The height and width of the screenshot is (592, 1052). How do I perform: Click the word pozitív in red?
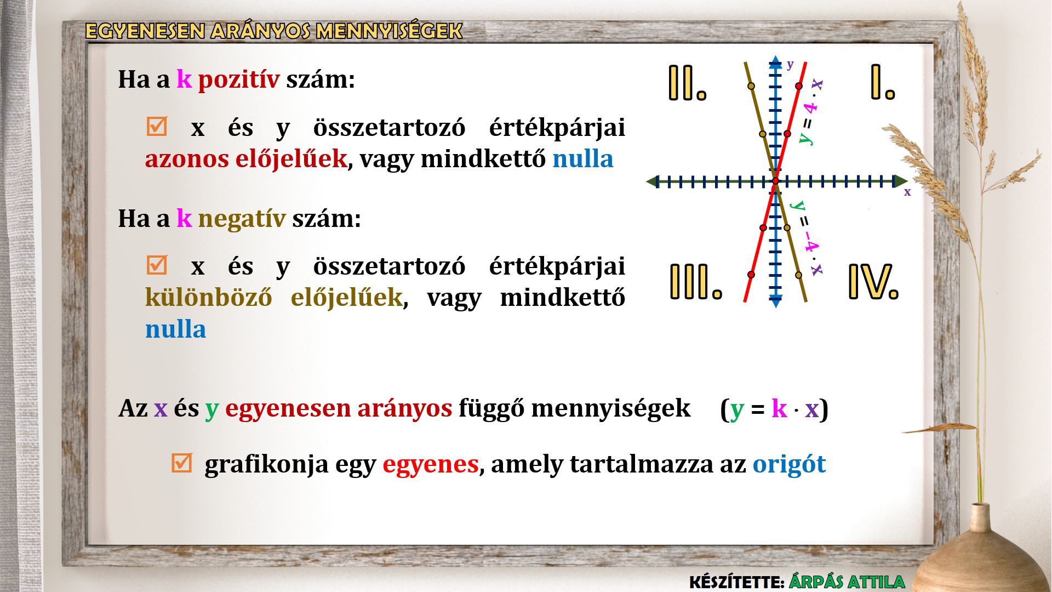[x=238, y=80]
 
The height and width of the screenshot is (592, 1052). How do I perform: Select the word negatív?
[x=242, y=219]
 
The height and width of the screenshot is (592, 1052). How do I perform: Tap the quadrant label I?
[x=883, y=82]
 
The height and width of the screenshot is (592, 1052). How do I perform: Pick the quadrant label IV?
[x=873, y=282]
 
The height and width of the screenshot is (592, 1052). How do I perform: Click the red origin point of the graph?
[x=775, y=181]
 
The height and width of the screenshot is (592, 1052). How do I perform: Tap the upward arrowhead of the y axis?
[x=775, y=61]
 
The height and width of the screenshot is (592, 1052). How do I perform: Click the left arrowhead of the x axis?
[x=652, y=181]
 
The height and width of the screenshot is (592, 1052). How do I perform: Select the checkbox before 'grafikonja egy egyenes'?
[x=181, y=463]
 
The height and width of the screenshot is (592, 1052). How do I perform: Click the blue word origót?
[x=789, y=464]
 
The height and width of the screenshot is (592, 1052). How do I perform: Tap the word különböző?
[x=208, y=298]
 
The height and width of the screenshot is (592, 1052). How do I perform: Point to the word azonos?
[x=187, y=159]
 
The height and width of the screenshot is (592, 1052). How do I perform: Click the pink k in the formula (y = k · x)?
[x=779, y=408]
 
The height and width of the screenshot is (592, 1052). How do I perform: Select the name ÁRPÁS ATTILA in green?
[x=847, y=582]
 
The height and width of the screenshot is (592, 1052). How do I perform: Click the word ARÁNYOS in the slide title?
[x=260, y=31]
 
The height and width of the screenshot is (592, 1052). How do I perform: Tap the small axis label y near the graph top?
[x=790, y=65]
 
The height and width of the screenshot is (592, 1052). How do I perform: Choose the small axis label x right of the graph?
[x=907, y=192]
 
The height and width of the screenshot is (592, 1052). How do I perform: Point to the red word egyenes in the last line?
[x=431, y=465]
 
